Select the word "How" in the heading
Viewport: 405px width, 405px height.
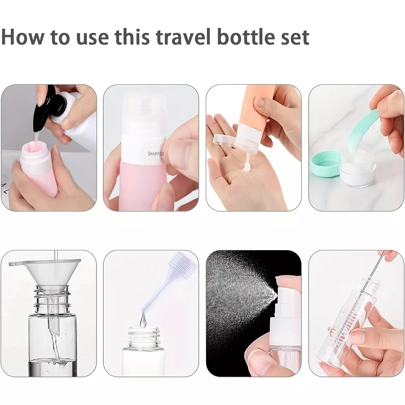point(22,37)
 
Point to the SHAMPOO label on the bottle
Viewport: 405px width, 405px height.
point(156,153)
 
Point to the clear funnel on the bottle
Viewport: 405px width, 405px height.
point(45,276)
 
